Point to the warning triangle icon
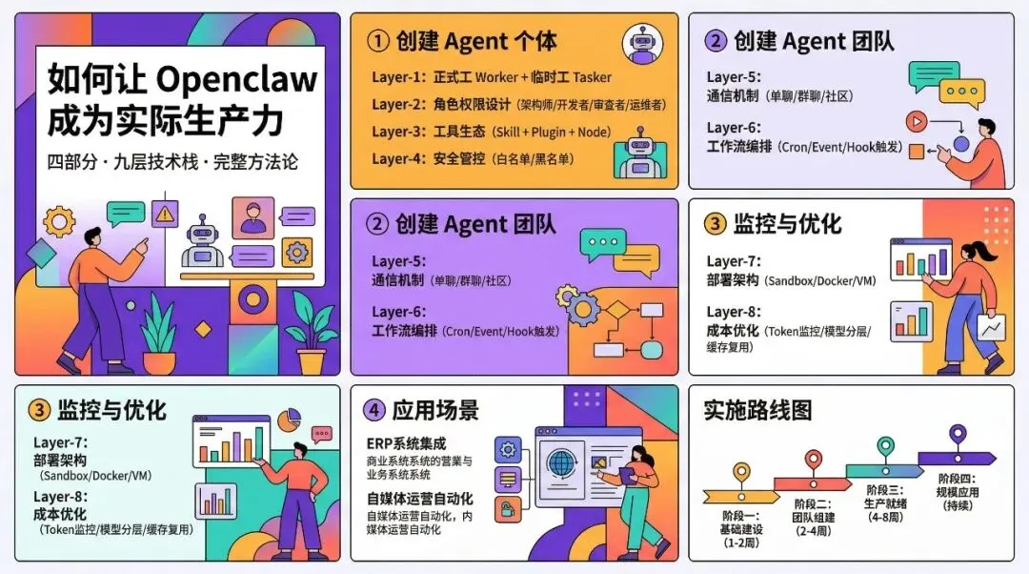coord(166,214)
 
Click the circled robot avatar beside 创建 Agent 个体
coord(643,44)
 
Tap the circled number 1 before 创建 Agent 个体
coord(379,41)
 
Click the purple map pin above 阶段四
coord(958,437)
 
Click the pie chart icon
coord(290,419)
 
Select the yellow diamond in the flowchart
coord(617,310)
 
